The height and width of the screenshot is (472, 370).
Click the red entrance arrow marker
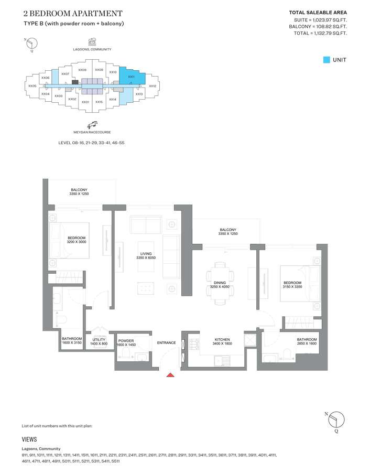pyautogui.click(x=170, y=374)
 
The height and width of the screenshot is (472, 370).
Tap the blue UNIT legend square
pyautogui.click(x=327, y=60)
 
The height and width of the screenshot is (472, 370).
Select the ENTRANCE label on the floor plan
pyautogui.click(x=166, y=342)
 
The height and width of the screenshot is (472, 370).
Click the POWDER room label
pyautogui.click(x=126, y=340)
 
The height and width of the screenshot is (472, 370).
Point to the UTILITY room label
pyautogui.click(x=99, y=340)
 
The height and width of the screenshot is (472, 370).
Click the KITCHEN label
pyautogui.click(x=223, y=340)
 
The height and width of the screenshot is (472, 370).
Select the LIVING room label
pyautogui.click(x=146, y=253)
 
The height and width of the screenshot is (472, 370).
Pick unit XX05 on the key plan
pyautogui.click(x=32, y=86)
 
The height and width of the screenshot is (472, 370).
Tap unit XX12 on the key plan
pyautogui.click(x=153, y=86)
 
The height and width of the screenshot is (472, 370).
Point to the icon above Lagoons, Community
pyautogui.click(x=92, y=41)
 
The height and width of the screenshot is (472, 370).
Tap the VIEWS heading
pyautogui.click(x=29, y=439)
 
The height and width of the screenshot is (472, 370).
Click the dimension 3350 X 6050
pyautogui.click(x=146, y=258)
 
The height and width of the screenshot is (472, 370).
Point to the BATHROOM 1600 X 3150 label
pyautogui.click(x=72, y=341)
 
